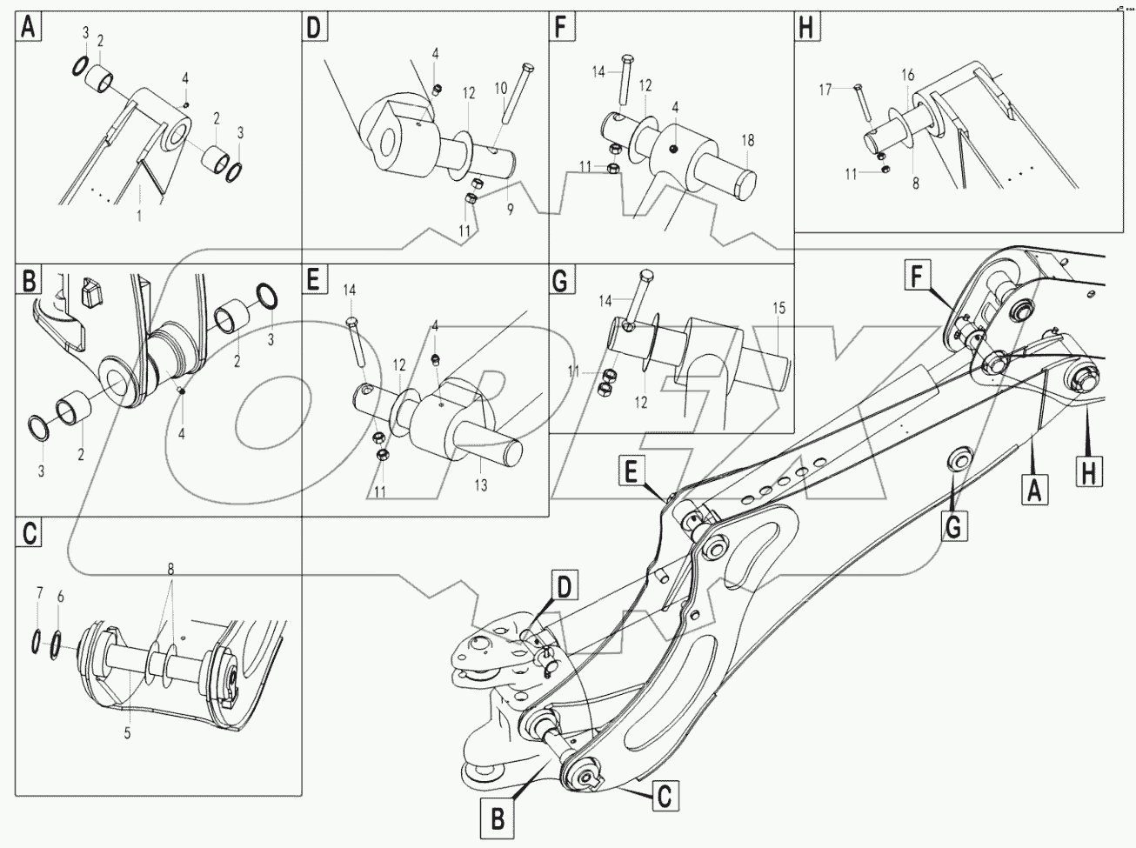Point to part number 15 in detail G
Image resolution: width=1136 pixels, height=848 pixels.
point(778,308)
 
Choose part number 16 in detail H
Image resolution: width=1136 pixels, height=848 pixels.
point(907,76)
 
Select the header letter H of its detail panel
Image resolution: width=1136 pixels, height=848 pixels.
point(806,28)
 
